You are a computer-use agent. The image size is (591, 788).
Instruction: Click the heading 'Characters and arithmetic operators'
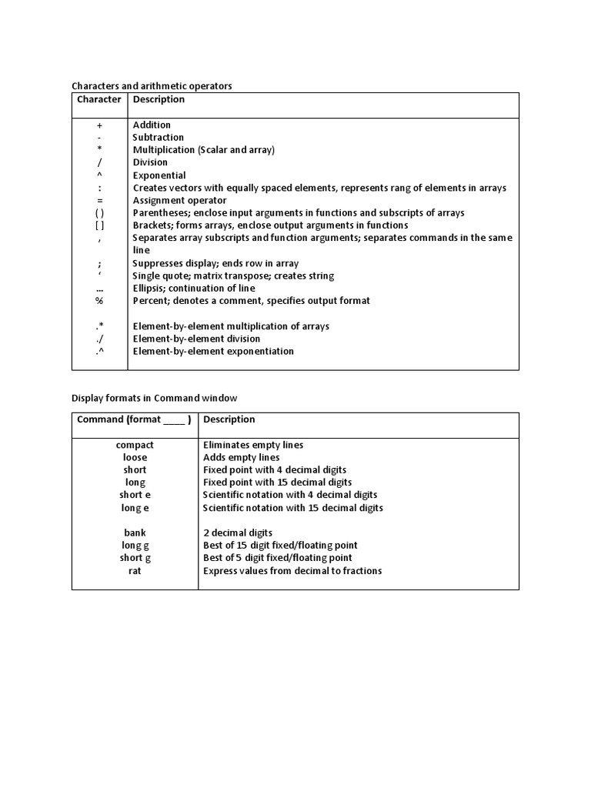[152, 86]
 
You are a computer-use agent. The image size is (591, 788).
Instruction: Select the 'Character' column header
[99, 99]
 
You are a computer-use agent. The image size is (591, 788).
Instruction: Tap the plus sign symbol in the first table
[99, 125]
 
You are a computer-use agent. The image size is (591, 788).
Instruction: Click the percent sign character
[99, 301]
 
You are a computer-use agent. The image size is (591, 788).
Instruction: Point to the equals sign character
[99, 200]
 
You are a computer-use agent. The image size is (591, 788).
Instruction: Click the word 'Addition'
[152, 125]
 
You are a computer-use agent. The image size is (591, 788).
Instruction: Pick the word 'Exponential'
[159, 175]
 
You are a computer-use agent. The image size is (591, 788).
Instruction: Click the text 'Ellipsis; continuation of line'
[194, 289]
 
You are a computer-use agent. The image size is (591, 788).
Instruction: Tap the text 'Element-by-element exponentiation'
[213, 352]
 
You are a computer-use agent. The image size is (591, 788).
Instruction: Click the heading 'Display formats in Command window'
[155, 398]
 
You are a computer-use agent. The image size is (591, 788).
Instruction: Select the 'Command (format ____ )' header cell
[134, 419]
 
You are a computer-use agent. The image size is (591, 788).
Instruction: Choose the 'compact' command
[135, 445]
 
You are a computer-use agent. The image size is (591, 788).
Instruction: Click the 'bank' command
[135, 533]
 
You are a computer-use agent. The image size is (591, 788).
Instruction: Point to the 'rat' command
[135, 571]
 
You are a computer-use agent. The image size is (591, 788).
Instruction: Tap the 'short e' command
[135, 495]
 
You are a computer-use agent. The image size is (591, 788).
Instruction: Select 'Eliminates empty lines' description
[252, 445]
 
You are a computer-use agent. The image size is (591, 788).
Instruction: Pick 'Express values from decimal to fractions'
[292, 571]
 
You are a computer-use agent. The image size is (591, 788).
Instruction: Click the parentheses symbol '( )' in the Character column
[99, 212]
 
